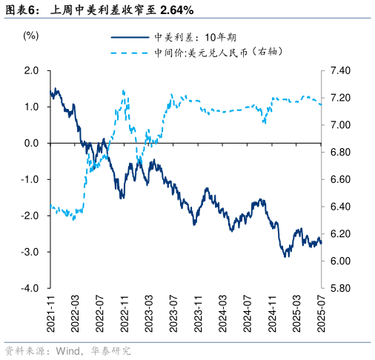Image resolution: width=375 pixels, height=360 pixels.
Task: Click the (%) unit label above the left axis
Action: [30, 35]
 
